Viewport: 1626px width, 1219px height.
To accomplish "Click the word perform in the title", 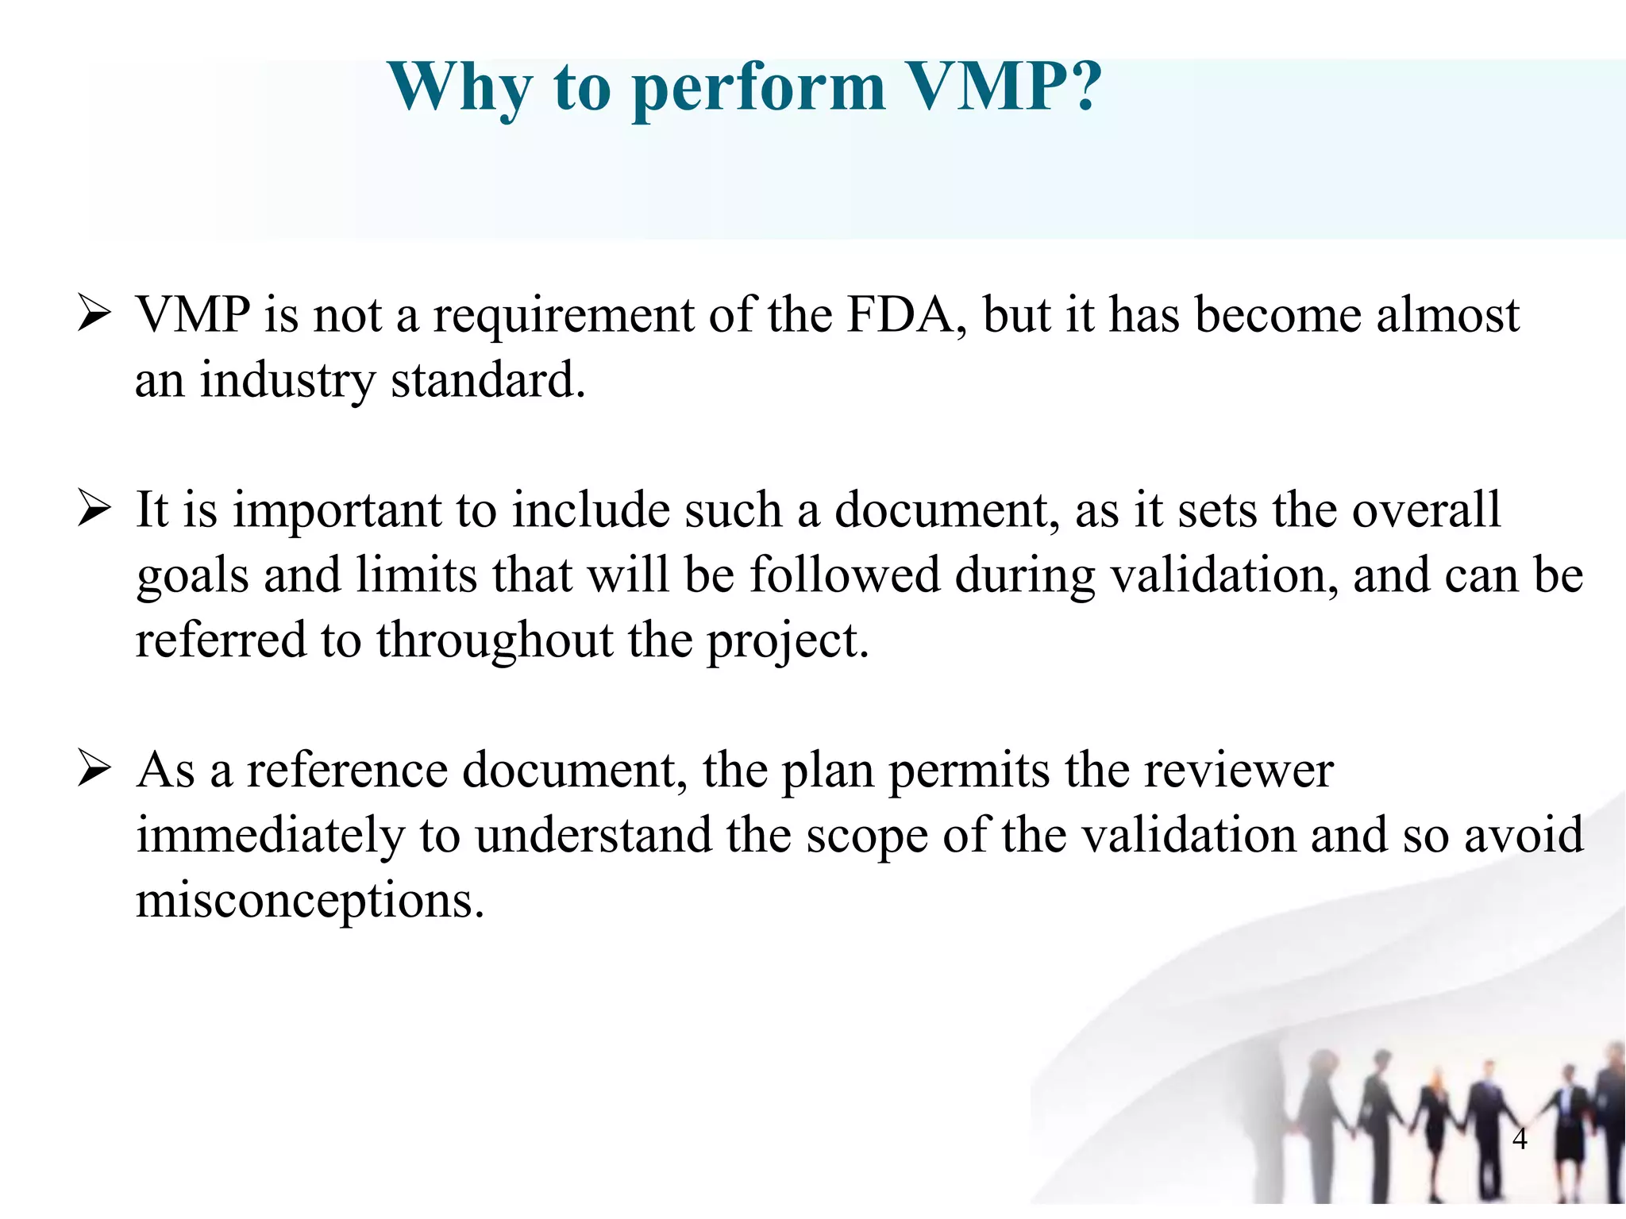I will (758, 89).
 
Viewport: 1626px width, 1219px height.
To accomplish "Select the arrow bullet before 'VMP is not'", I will (94, 314).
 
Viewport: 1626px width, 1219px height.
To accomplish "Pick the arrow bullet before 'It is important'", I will (94, 509).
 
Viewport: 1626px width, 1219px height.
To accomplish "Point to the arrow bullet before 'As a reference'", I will (94, 769).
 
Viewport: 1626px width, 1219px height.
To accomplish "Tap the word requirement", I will (563, 316).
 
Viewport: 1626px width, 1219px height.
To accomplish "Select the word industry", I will (287, 381).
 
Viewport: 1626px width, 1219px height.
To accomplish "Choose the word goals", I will (192, 576).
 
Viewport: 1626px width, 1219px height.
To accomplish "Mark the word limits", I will (416, 575).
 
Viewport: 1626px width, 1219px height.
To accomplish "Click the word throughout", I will (494, 640).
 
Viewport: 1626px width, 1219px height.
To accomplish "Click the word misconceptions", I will (310, 902).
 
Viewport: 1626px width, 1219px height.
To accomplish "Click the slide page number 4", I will (1520, 1139).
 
